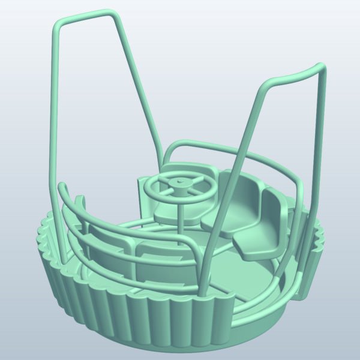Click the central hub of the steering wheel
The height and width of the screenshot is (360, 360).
click(179, 182)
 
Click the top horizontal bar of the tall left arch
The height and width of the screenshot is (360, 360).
click(84, 16)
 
